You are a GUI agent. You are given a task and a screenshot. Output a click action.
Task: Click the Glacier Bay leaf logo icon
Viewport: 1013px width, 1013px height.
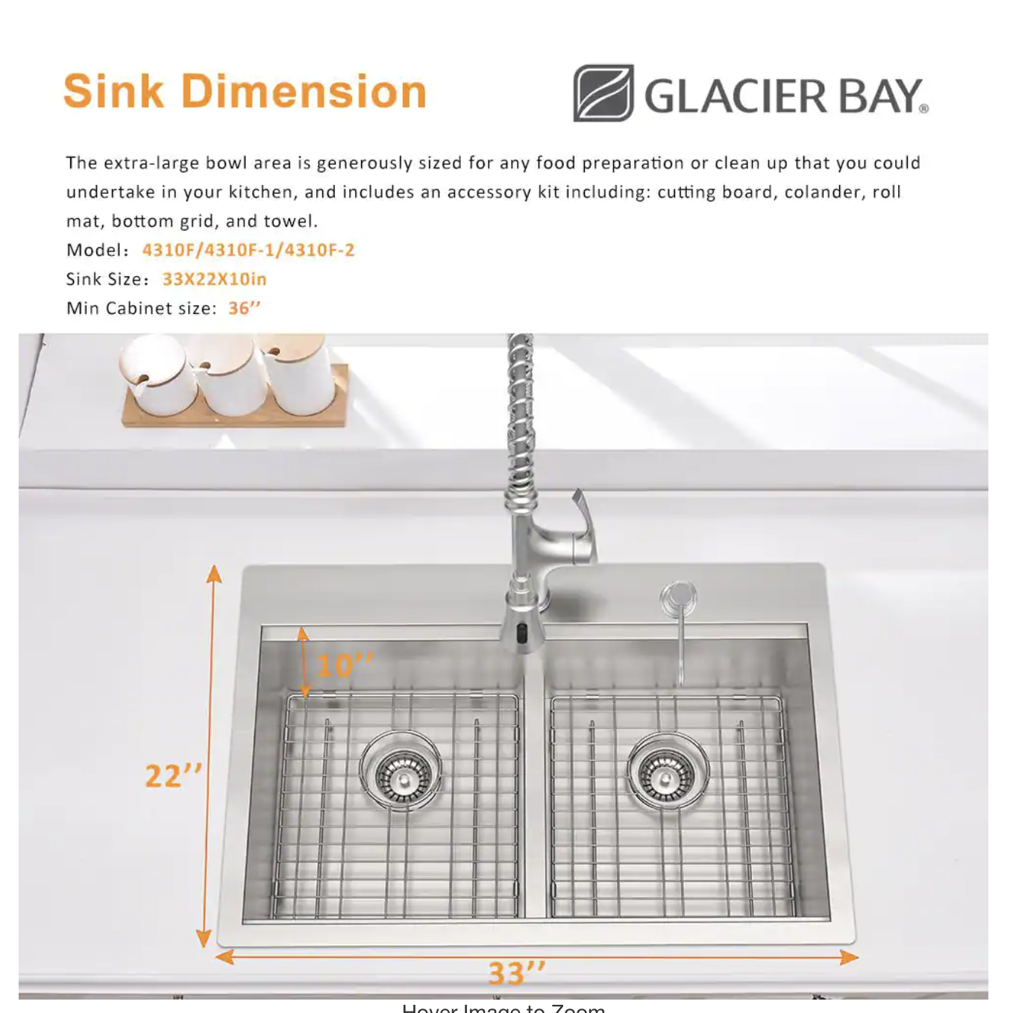[603, 93]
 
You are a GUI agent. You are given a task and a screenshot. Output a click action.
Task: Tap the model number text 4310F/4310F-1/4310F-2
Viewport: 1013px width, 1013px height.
[248, 250]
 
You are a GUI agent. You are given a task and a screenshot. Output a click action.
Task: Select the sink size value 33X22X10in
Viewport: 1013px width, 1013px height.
[214, 279]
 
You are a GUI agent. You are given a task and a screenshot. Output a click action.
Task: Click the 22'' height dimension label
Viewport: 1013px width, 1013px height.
[173, 776]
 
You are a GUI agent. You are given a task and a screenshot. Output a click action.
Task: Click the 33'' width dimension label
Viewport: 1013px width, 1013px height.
[516, 973]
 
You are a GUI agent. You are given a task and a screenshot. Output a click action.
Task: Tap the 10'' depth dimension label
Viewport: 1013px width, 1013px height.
[344, 665]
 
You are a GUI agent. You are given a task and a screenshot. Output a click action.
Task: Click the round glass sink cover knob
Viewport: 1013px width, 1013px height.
[678, 598]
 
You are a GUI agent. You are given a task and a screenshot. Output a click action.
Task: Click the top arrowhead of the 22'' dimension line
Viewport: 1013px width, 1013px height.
[214, 574]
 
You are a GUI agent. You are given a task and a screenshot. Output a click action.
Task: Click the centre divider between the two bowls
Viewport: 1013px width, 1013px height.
[534, 791]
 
